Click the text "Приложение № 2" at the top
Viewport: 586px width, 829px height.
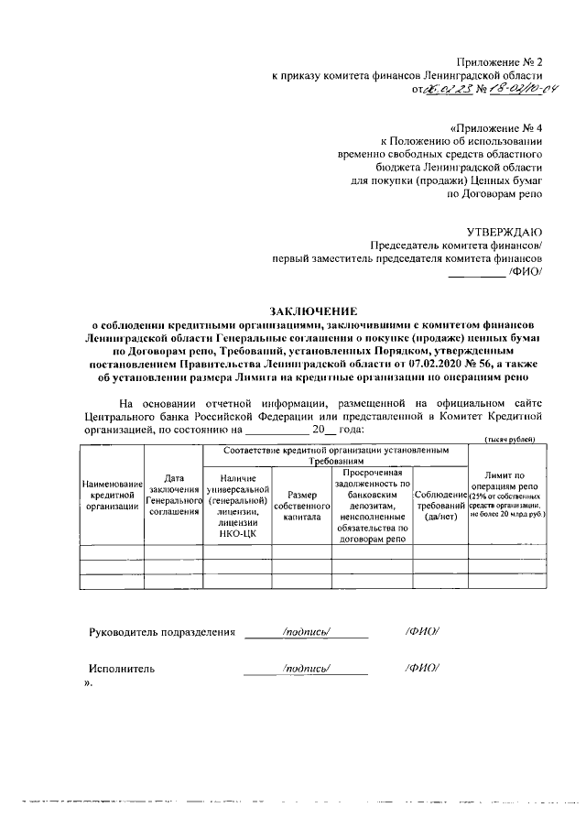[500, 60]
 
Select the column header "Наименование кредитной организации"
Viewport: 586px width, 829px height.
[112, 496]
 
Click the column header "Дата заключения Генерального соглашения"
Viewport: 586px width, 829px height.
[174, 495]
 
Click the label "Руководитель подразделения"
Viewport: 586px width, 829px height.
[162, 632]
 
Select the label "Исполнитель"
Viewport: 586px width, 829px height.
[121, 669]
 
